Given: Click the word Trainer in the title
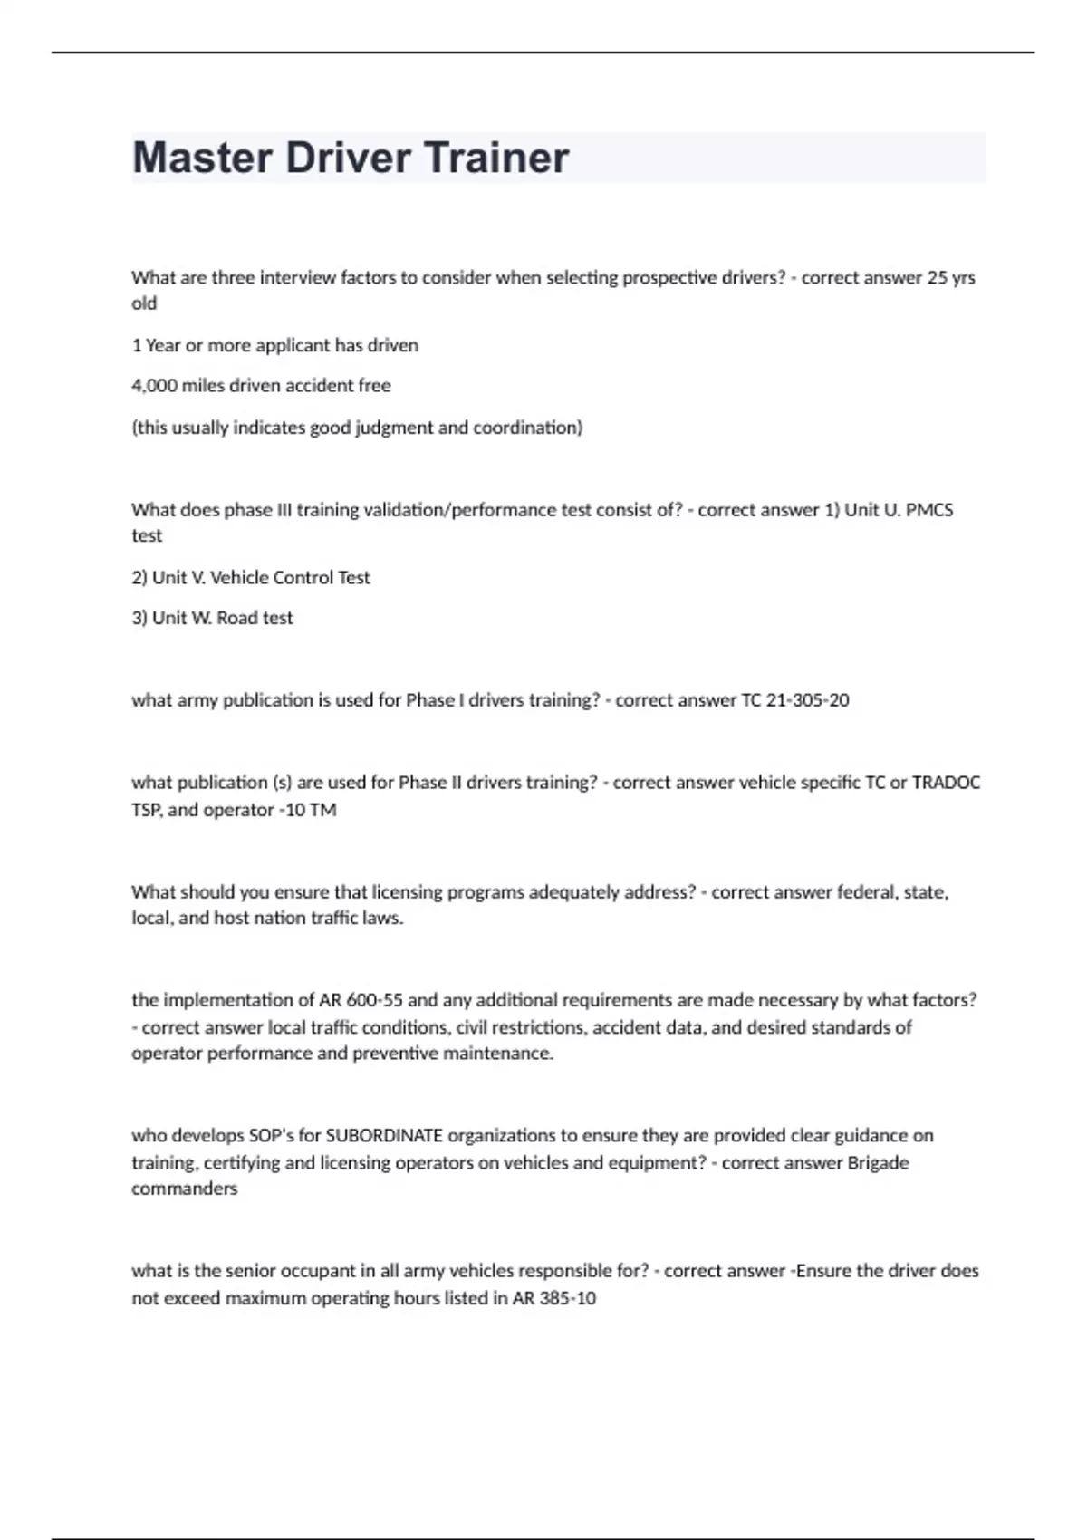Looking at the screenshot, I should point(496,158).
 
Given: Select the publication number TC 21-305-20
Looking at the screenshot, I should point(794,700).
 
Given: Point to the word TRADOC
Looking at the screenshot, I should point(946,783).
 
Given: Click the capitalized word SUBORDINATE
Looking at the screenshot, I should point(384,1136).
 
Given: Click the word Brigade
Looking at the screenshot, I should point(878,1162).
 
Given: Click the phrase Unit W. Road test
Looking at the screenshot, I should point(212,618).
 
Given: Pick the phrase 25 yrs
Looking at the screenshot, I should point(951,278).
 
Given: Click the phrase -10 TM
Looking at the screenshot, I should point(307,810).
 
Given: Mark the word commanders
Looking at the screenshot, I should point(184,1189).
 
